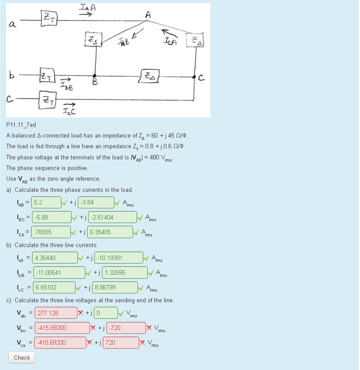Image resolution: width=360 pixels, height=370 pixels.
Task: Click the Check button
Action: coord(22,358)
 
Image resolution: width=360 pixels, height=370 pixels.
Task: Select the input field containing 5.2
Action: coord(47,202)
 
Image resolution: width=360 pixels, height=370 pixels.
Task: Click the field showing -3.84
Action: coord(95,202)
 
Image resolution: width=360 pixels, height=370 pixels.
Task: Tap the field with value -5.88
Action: coord(52,217)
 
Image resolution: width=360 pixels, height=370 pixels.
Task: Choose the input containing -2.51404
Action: coord(113,217)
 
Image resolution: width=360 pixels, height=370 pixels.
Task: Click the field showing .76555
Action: coord(51,232)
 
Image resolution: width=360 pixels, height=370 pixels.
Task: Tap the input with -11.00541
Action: coord(59,272)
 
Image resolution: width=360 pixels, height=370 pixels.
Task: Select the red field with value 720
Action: coord(121,343)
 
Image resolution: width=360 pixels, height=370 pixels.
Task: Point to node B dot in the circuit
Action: coord(94,77)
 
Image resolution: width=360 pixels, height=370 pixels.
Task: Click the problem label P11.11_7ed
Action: coord(21,125)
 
